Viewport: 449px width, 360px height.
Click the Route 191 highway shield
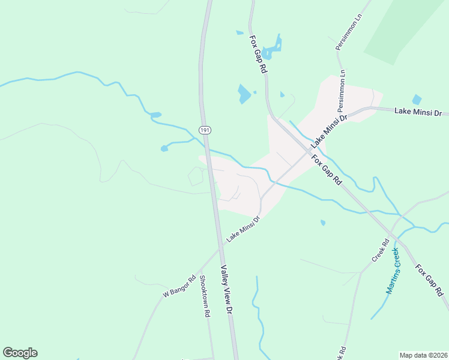point(205,130)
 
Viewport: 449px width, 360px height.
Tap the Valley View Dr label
point(226,290)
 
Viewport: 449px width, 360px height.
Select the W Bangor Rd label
point(179,286)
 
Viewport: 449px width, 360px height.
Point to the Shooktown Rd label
point(205,296)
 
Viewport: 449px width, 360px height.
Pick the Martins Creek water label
point(393,271)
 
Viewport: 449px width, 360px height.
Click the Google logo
point(20,353)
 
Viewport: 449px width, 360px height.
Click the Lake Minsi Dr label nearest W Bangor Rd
point(243,230)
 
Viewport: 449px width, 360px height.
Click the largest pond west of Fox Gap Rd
point(244,94)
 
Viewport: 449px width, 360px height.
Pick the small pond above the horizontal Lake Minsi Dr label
point(417,100)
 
